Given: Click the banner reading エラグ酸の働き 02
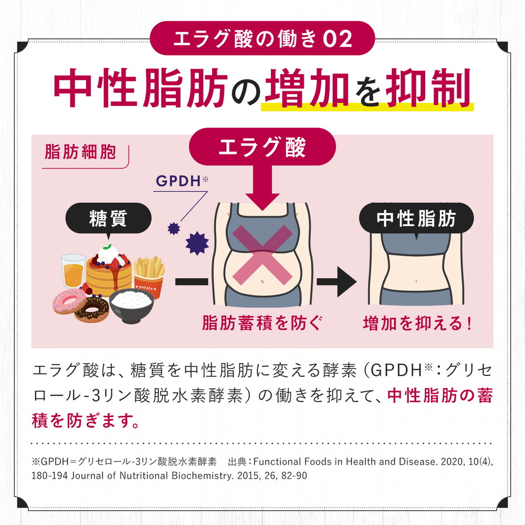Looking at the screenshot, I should click(x=262, y=38).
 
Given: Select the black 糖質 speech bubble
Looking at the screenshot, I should click(x=108, y=217).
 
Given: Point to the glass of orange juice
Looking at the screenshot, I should click(x=73, y=271).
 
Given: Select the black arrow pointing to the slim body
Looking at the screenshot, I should click(x=337, y=281).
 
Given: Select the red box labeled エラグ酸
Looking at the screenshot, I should click(x=261, y=148).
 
